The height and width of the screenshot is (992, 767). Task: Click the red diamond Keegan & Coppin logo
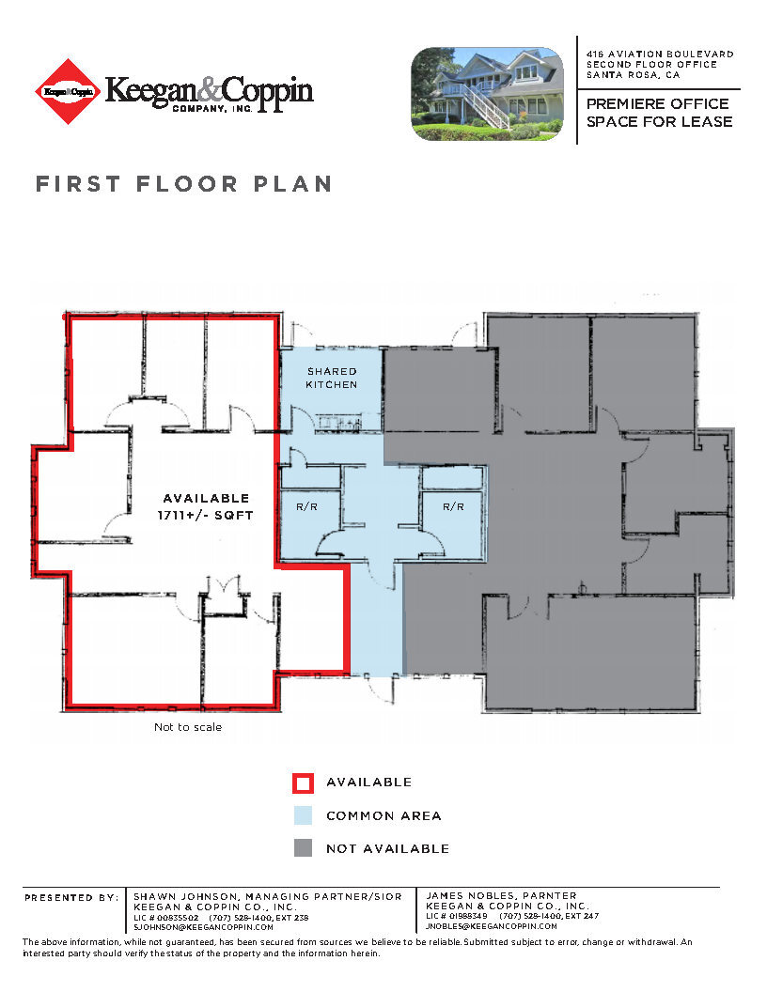68,91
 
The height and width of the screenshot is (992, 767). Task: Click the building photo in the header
487,94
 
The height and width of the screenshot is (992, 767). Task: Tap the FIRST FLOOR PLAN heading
184,184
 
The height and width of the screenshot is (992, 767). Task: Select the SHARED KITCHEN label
332,378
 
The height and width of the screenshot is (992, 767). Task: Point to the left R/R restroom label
307,506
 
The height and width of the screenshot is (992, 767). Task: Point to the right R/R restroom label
454,506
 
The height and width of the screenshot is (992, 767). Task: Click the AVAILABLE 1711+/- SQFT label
207,505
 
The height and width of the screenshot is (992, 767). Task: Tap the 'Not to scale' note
188,727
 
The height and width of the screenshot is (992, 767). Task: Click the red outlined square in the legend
303,783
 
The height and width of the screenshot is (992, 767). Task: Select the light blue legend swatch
303,815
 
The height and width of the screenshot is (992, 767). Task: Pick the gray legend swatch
303,848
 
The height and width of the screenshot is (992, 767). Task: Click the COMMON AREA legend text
383,816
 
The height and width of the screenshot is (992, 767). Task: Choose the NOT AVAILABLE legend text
387,849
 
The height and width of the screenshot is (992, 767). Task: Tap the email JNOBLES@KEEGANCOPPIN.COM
492,926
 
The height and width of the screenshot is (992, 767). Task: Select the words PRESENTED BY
71,897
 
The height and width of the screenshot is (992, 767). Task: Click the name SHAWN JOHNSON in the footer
179,896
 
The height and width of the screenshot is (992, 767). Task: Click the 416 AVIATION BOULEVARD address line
660,55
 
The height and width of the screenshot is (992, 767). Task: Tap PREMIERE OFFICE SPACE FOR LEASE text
659,113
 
